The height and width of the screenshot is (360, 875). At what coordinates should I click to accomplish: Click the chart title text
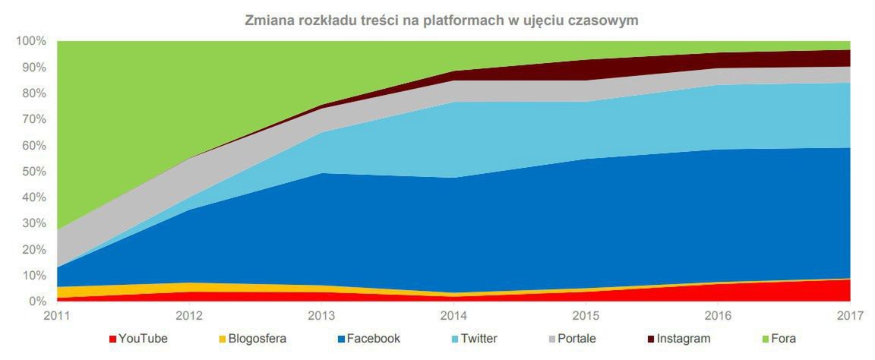click(x=441, y=21)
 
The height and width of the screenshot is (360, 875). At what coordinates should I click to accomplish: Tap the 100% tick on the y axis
click(x=30, y=41)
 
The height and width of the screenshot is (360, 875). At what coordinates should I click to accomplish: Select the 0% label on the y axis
click(x=37, y=302)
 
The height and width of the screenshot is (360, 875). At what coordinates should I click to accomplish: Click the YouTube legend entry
click(x=143, y=339)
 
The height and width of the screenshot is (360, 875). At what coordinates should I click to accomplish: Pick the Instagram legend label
click(x=684, y=339)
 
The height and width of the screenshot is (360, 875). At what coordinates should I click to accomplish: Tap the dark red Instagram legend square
click(x=650, y=339)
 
